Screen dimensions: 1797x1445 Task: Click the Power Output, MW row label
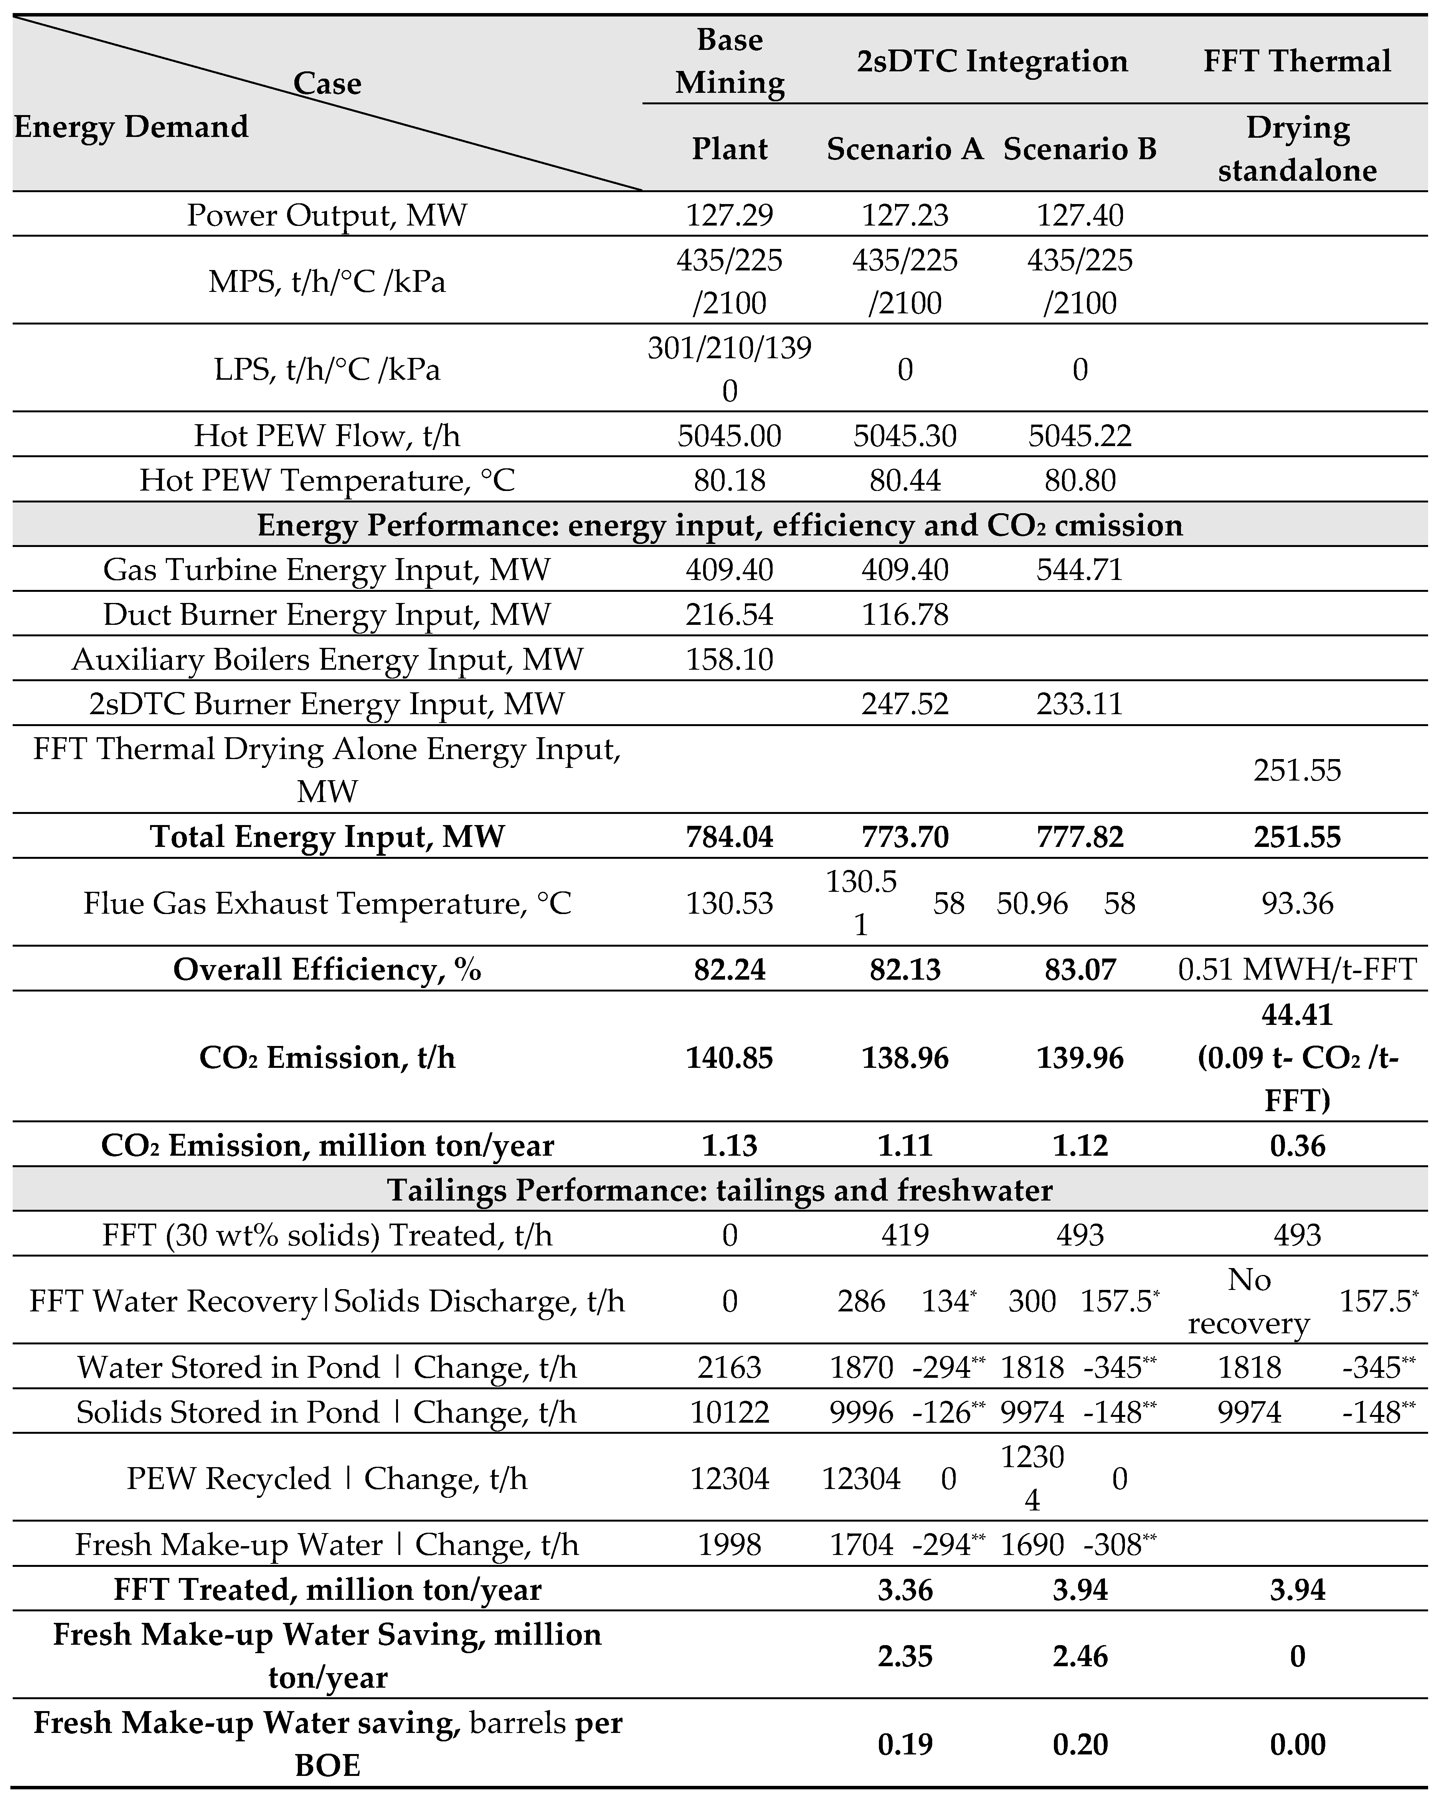(x=327, y=215)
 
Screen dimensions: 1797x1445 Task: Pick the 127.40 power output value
(x=1080, y=215)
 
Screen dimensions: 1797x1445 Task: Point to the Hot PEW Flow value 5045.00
(x=730, y=435)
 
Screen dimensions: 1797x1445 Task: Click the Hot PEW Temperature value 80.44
(x=905, y=480)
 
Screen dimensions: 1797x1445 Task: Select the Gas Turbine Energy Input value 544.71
(x=1080, y=569)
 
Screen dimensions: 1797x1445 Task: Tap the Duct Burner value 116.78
(x=905, y=614)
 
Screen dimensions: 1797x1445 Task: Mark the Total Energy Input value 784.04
(x=730, y=836)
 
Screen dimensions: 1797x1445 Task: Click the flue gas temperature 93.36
(x=1296, y=903)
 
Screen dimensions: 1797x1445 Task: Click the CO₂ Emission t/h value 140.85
(x=730, y=1058)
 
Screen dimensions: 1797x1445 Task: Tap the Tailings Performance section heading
(x=720, y=1189)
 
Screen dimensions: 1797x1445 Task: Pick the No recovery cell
(x=1248, y=1301)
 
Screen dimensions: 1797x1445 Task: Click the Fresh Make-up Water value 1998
(x=730, y=1545)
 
